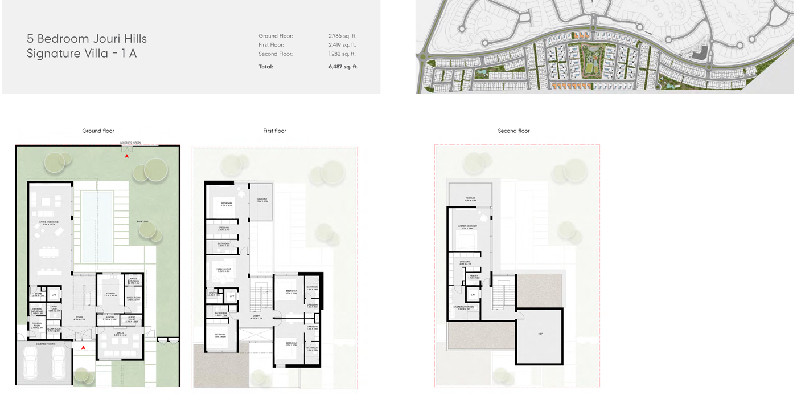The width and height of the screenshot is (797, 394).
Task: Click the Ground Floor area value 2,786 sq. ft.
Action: (x=342, y=36)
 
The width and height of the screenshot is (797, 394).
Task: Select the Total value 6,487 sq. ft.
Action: (x=343, y=67)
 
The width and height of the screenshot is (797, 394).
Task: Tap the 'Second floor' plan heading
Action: (x=513, y=131)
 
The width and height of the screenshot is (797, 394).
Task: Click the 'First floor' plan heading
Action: (x=274, y=131)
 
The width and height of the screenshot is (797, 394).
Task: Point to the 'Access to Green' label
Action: (x=130, y=143)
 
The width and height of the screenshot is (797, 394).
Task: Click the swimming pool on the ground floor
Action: (x=97, y=225)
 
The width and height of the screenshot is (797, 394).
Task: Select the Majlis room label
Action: (x=120, y=333)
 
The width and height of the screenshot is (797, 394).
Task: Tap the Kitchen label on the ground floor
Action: (x=110, y=294)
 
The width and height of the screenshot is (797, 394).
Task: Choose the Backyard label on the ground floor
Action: (x=142, y=221)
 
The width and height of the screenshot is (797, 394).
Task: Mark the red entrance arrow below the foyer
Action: (x=83, y=347)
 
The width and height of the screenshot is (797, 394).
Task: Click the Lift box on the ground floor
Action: (x=54, y=295)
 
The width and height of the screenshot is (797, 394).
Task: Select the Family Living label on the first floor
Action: (x=224, y=270)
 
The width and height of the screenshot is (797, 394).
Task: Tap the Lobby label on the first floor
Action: (x=256, y=317)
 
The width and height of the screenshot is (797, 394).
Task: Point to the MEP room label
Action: (x=540, y=334)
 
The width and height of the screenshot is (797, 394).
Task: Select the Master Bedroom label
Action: (x=468, y=227)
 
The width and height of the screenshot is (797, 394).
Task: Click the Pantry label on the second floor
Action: (x=474, y=277)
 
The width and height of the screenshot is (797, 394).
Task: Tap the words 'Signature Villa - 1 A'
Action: (x=81, y=54)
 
